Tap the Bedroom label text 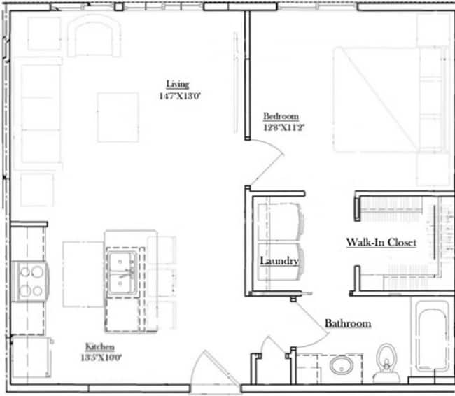point(281,116)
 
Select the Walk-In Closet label point(381,243)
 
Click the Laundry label point(279,261)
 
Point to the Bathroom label point(347,324)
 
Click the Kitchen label point(100,347)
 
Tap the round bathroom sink point(342,366)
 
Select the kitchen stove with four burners point(30,281)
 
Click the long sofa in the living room point(41,115)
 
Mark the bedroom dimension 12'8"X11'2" point(281,127)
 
